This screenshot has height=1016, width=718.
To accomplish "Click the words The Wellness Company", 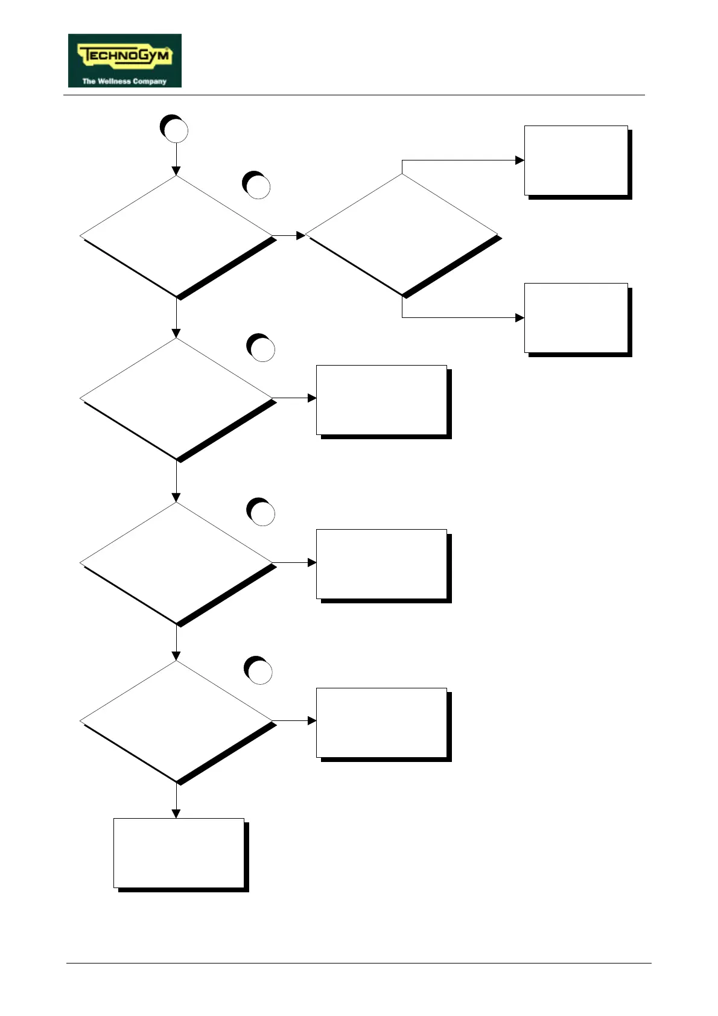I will pos(124,81).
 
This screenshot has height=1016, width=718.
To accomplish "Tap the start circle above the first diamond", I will pos(174,129).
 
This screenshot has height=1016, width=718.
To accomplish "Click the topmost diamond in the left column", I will pos(176,236).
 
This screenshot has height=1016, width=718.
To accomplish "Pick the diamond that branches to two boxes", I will pos(402,235).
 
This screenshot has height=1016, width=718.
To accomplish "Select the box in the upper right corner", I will pos(576,160).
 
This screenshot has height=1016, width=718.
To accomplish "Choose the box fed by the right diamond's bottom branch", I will pos(576,318).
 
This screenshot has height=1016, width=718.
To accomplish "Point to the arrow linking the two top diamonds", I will pos(289,235).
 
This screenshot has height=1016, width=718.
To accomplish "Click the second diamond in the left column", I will pos(176,398).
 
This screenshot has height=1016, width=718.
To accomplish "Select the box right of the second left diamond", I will pos(382,399).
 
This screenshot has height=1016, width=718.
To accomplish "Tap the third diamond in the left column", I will pos(176,563).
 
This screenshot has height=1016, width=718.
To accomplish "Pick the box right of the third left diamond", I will pos(382,564).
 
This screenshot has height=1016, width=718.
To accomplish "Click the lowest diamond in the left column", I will pos(176,722).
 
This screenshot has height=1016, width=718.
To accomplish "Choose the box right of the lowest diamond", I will pos(382,723).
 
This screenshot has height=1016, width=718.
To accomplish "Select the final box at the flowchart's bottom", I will pos(179,853).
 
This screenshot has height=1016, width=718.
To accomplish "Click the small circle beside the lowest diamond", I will pos(259,671).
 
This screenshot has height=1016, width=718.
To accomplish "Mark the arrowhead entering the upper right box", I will pos(519,160).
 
